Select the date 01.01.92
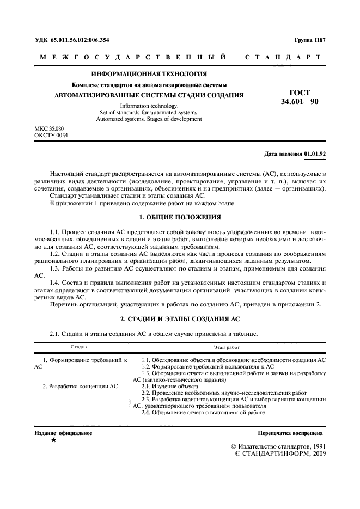tap(315, 154)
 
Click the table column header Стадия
tap(79, 346)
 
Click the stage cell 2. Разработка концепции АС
tap(80, 386)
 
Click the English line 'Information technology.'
tap(149, 106)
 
